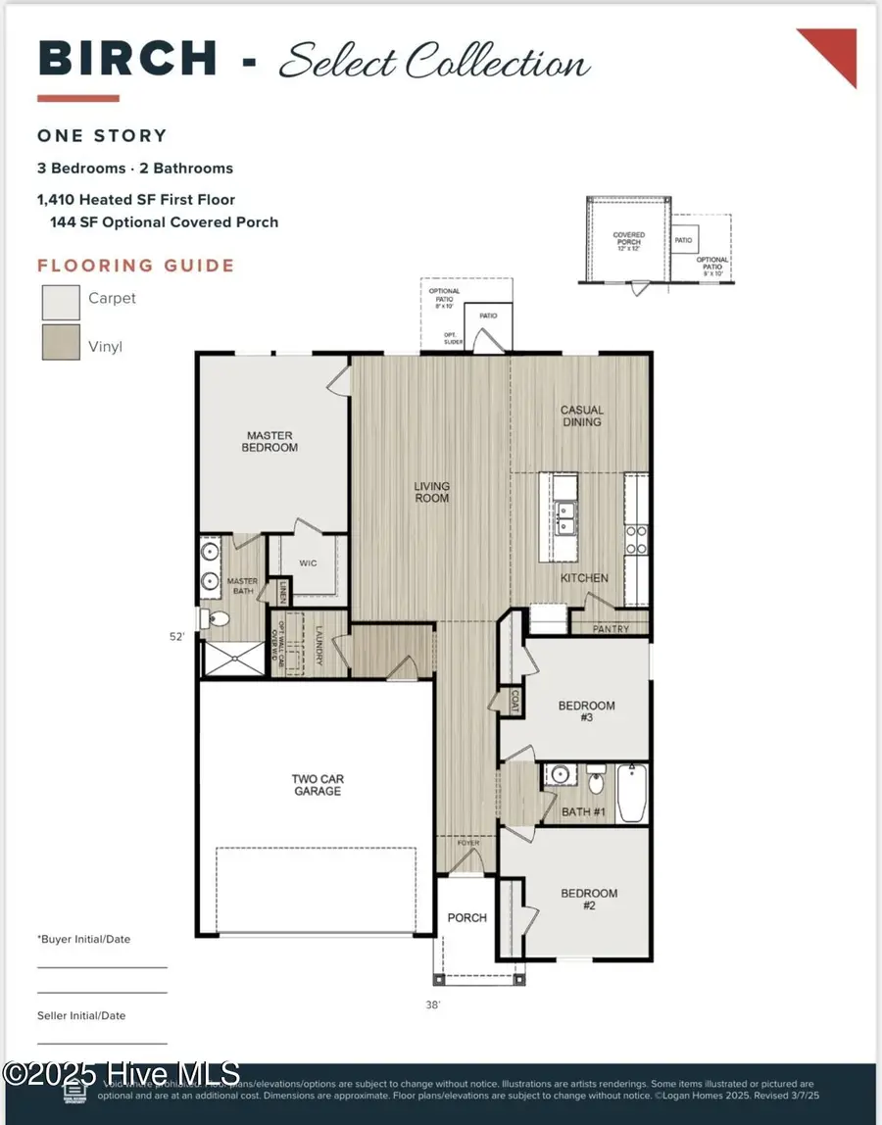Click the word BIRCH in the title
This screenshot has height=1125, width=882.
127,59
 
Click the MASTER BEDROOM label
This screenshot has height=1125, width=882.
271,442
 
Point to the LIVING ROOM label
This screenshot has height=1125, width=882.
431,492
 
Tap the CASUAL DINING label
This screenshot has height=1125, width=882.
581,416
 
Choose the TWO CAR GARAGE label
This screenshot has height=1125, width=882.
318,785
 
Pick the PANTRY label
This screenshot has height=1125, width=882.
612,629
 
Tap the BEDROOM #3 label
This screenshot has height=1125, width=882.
586,711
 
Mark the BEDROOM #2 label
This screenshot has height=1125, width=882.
589,900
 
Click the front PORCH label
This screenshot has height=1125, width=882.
466,918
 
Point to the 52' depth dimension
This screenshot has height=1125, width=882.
176,637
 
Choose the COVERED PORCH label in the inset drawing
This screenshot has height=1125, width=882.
628,239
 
